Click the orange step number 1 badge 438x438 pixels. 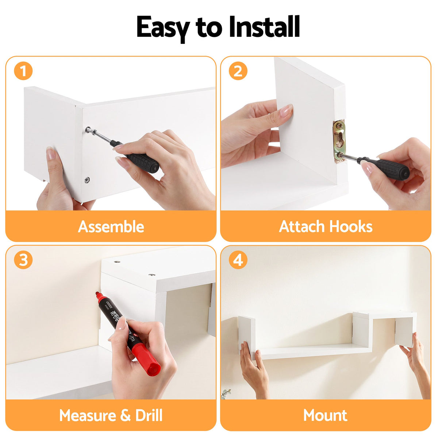[x=23, y=71]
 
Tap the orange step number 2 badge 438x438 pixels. [x=238, y=71]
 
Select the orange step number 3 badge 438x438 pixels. [x=23, y=260]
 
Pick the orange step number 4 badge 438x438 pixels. [x=238, y=260]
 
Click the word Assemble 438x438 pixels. [x=111, y=227]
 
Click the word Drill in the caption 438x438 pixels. [x=149, y=415]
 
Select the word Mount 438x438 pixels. [x=325, y=415]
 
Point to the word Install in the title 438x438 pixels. [x=265, y=27]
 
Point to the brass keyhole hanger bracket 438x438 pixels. [x=339, y=140]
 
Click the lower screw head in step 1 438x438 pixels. [x=87, y=180]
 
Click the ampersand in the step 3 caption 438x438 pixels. [x=126, y=415]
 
